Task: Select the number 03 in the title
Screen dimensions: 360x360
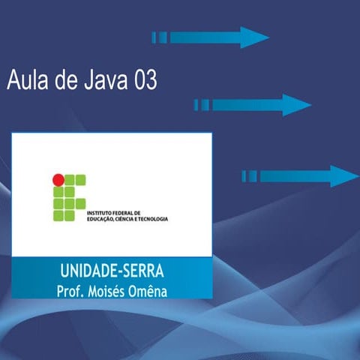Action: click(x=143, y=80)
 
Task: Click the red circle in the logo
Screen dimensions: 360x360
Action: click(x=57, y=179)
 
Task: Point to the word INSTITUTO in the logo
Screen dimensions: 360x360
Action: click(x=100, y=212)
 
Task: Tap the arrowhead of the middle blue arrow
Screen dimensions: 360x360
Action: click(x=296, y=105)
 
